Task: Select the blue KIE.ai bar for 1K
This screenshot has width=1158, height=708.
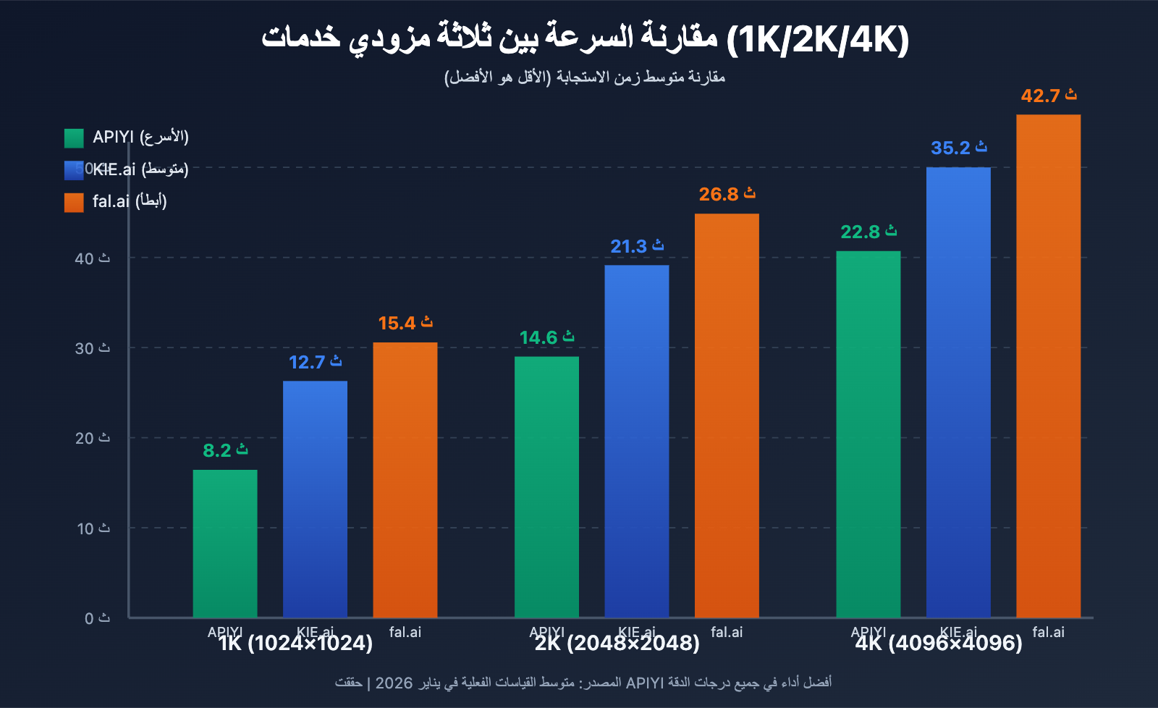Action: pos(315,500)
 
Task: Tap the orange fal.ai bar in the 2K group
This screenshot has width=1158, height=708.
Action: pos(727,416)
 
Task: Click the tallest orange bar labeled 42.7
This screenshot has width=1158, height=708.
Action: pos(1048,366)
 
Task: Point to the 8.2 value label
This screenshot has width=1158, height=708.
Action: pos(225,450)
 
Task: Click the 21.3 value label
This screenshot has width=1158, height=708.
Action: pos(636,247)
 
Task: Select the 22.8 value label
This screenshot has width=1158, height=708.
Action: pos(868,232)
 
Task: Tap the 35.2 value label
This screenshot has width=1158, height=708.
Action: pos(958,148)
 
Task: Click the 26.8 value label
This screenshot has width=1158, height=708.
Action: pos(727,195)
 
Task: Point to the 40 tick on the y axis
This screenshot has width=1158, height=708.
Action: pos(92,258)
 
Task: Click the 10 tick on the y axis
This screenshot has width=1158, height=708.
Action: pos(93,529)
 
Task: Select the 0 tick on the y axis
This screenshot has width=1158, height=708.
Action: pos(97,618)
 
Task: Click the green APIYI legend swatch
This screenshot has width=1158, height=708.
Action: pos(74,138)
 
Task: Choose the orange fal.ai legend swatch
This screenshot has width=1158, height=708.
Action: pos(74,202)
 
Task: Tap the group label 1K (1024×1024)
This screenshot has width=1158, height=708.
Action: pos(295,644)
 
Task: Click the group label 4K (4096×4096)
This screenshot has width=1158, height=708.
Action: pos(939,644)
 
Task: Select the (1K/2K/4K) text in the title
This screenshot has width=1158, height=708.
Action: pos(818,40)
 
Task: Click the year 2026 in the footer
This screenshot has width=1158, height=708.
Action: pos(394,683)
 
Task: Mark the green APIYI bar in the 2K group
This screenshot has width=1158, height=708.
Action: pos(546,486)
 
